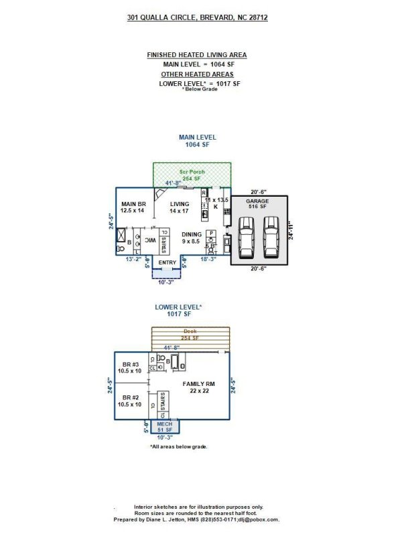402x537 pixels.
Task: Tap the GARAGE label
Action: (x=257, y=201)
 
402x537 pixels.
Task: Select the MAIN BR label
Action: (x=133, y=204)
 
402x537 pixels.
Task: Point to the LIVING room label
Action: (x=180, y=204)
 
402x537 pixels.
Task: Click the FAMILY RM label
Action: (x=198, y=384)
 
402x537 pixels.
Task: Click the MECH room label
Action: (x=165, y=425)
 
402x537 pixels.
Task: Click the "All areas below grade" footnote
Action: (x=178, y=446)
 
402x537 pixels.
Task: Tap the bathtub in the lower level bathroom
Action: (x=176, y=363)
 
